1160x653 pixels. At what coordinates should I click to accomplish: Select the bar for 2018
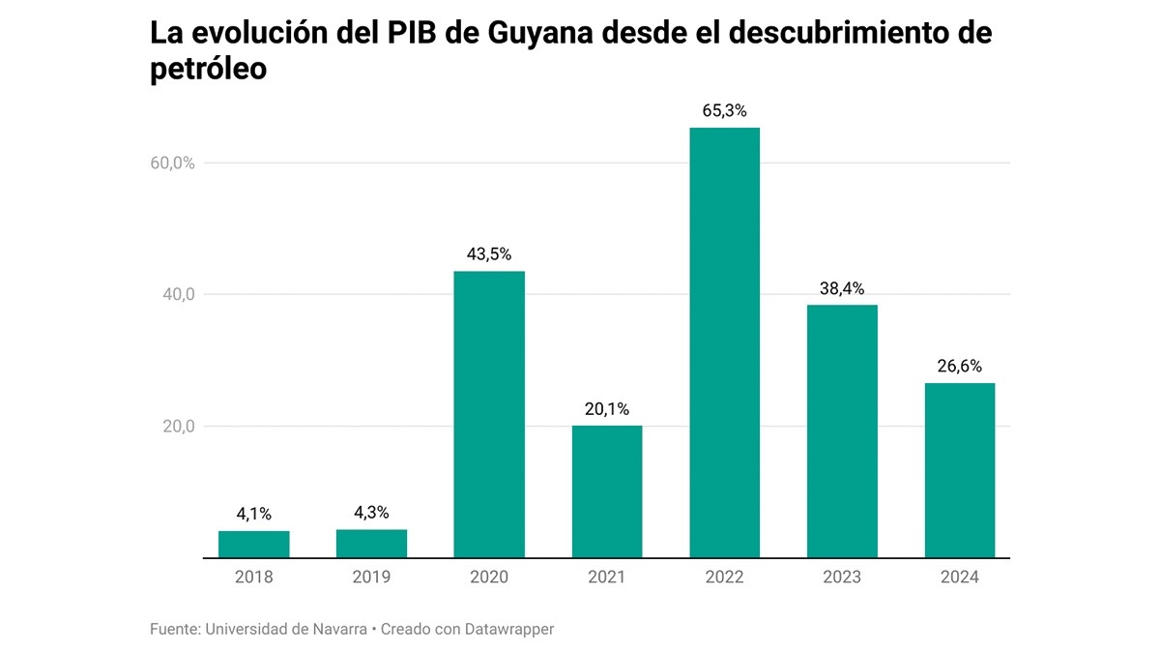254,545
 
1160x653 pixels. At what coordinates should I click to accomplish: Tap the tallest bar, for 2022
724,342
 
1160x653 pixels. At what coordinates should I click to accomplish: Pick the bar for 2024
959,470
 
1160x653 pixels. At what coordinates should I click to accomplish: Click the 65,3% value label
724,111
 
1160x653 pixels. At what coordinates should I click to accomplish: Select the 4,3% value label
371,513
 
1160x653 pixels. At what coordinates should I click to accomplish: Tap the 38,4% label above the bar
841,288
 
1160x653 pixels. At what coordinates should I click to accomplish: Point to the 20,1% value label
607,409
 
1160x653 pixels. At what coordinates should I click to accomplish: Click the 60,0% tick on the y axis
173,163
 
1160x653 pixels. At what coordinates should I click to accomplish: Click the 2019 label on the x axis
371,578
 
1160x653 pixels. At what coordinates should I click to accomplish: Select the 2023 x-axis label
841,578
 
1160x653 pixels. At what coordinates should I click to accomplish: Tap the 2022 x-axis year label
724,578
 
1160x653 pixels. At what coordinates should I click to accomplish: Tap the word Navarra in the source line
336,629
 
